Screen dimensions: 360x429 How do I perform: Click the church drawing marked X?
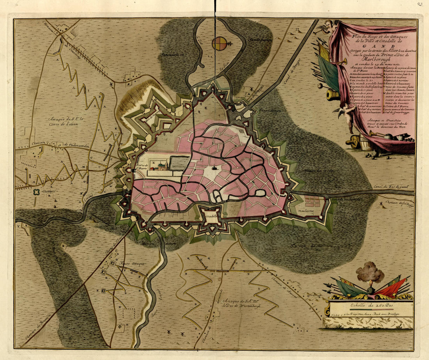coord(161,167)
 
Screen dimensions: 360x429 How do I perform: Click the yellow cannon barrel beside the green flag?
coord(333,94)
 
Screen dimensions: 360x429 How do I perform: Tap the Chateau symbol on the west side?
coord(37,192)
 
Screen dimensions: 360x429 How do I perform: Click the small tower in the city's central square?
coord(214,169)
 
